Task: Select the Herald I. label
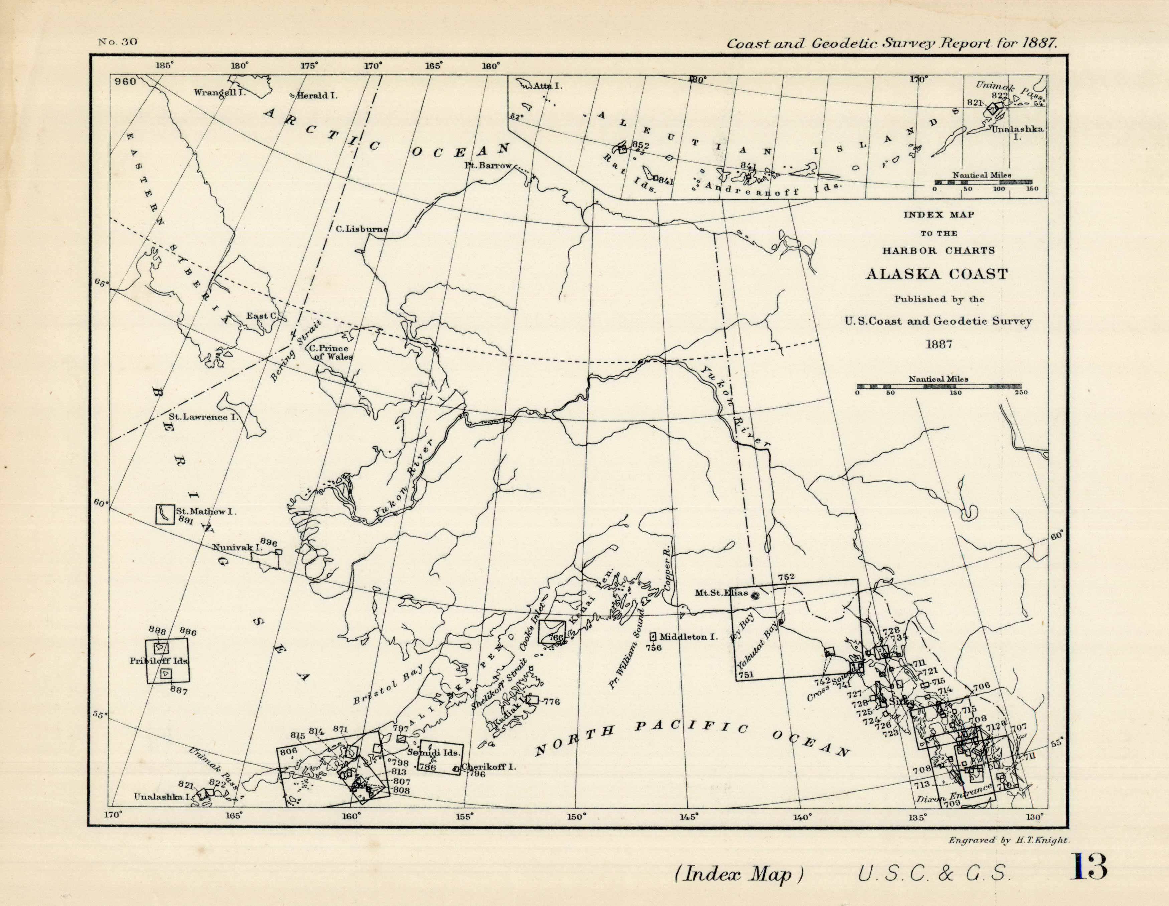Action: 317,96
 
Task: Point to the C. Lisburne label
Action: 362,229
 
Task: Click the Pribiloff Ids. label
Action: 159,661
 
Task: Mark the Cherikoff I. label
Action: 488,767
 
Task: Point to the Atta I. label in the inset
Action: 547,85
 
